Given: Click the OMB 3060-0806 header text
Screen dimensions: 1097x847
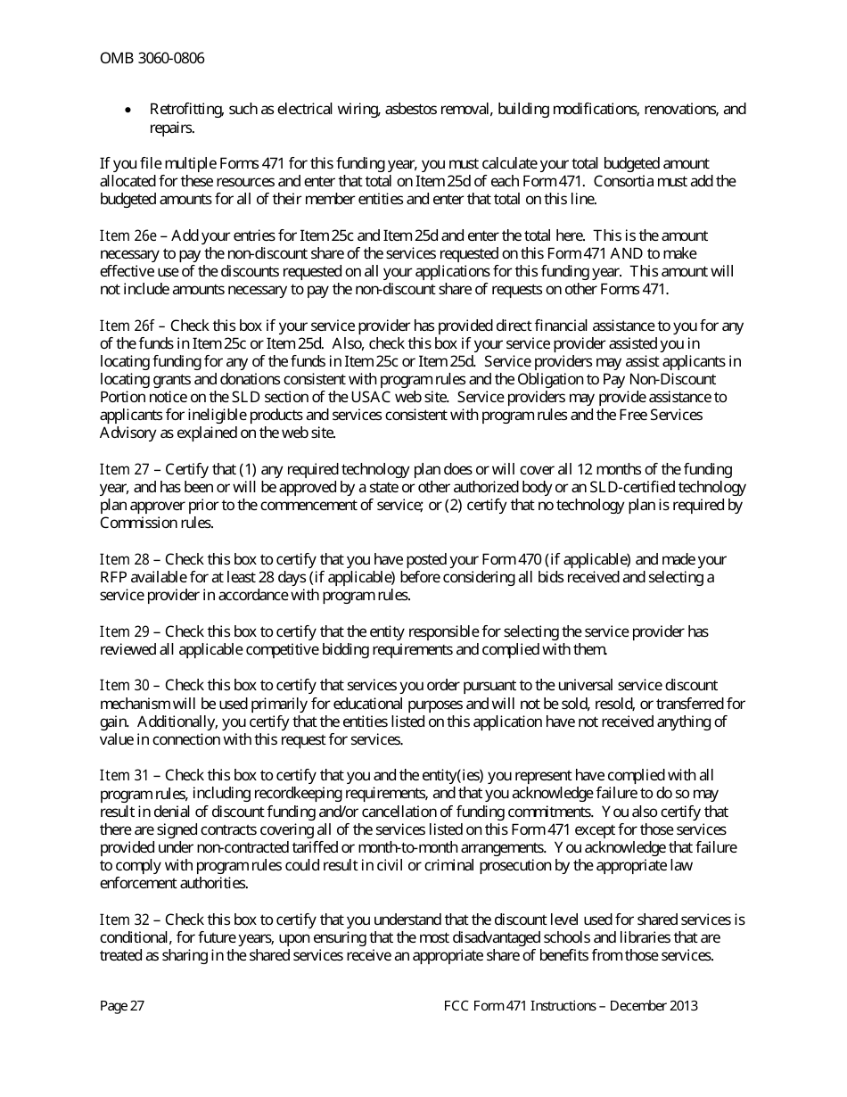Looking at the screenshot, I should coord(152,59).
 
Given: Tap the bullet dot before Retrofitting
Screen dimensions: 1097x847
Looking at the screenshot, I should coord(130,111).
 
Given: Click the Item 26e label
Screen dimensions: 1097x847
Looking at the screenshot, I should coord(127,235).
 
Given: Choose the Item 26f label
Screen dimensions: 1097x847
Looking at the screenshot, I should coord(127,326).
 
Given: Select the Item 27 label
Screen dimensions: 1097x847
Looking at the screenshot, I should coord(124,469).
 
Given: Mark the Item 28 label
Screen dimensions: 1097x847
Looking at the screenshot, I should coord(125,559).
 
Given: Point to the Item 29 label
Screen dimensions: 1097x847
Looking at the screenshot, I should coord(125,631).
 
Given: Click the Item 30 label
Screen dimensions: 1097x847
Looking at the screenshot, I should coord(125,685).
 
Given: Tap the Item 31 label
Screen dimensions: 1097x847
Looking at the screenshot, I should coord(125,775).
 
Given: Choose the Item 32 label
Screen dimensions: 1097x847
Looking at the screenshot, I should coord(125,920).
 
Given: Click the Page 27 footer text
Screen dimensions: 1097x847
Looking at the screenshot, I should coord(122,1005).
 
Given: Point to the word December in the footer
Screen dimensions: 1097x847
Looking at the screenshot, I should coord(636,1005).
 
